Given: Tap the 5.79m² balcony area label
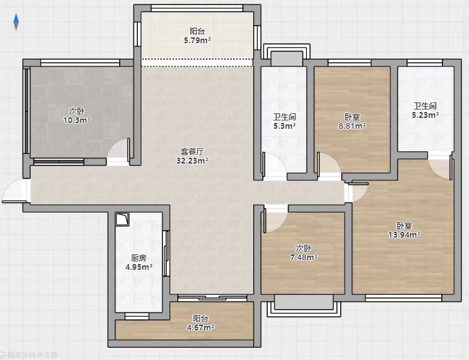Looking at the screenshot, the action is click(x=197, y=40).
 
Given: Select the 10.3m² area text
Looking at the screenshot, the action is click(x=77, y=120).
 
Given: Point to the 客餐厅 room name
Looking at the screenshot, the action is click(x=193, y=151).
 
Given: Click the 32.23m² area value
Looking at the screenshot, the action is click(x=193, y=160).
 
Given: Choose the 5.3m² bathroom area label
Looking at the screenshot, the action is click(x=285, y=126).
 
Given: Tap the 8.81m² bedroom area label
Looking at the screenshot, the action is click(x=352, y=126).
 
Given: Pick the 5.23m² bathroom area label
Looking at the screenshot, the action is click(x=425, y=115).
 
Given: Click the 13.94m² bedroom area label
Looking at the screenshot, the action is click(x=405, y=234).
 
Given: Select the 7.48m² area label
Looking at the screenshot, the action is click(x=303, y=257).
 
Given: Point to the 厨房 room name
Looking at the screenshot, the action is click(x=139, y=258).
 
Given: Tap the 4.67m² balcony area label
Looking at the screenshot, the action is click(x=200, y=328).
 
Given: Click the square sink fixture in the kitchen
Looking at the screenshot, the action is click(x=122, y=219).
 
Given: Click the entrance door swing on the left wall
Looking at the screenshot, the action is click(x=15, y=191).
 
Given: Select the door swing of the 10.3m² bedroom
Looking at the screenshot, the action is click(x=119, y=151).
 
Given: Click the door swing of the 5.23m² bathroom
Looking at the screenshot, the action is click(x=440, y=167).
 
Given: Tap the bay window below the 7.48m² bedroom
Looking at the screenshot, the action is click(x=303, y=305).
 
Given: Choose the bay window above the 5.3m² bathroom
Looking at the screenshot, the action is click(x=287, y=55).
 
